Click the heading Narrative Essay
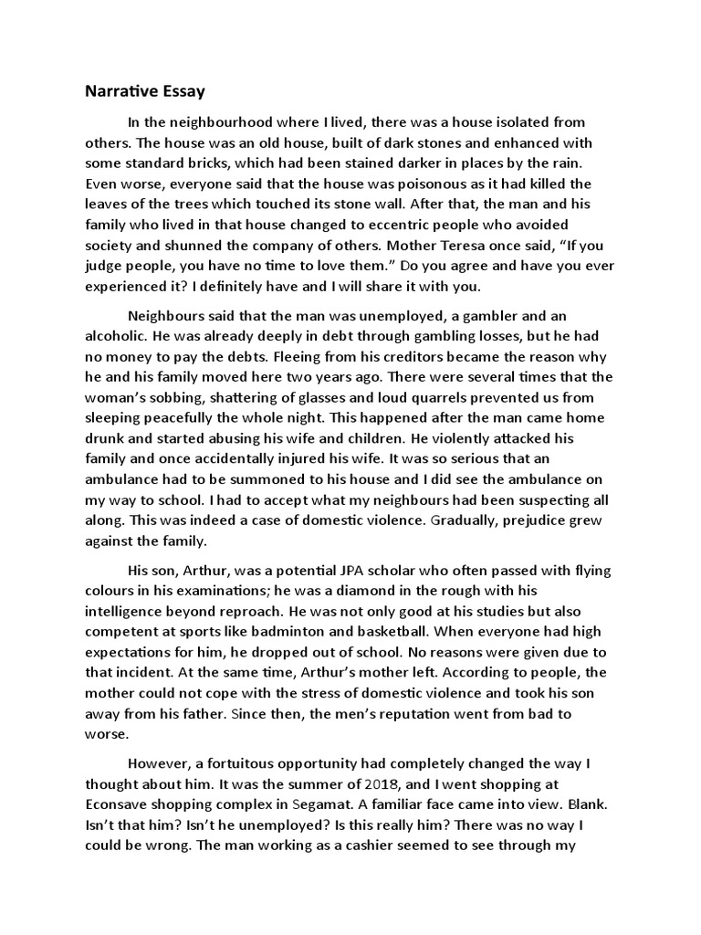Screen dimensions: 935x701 pyautogui.click(x=145, y=91)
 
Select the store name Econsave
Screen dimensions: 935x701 pyautogui.click(x=119, y=804)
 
